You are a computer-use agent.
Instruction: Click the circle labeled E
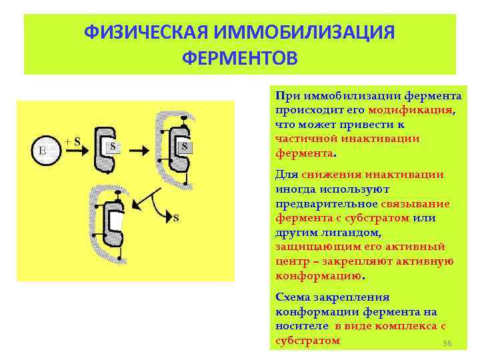44,151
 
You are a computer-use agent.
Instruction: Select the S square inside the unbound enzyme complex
113,147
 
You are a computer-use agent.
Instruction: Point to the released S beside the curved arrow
176,218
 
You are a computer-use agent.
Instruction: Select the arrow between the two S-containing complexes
141,151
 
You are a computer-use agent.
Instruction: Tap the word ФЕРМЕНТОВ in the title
240,59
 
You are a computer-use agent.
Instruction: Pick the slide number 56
448,343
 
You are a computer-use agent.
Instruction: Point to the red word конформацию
317,275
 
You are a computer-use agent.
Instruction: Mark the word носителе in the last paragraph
301,326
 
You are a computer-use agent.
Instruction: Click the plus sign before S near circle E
67,141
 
